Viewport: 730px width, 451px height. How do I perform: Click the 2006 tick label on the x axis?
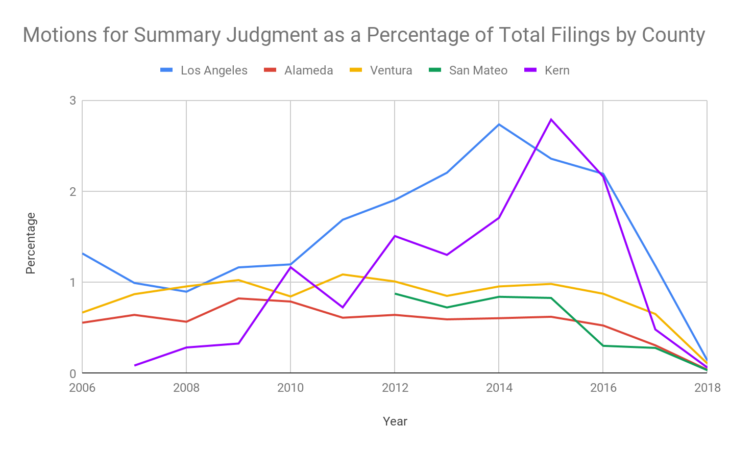click(x=82, y=388)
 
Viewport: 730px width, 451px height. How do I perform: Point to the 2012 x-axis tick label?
click(x=395, y=388)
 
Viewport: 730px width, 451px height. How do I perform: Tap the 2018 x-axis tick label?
click(x=707, y=388)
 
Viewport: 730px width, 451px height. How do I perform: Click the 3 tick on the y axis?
click(x=72, y=101)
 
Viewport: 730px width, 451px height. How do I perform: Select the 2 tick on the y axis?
click(x=72, y=192)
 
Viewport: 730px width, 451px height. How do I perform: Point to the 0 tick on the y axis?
click(x=72, y=374)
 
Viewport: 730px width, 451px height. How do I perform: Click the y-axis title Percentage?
click(x=31, y=243)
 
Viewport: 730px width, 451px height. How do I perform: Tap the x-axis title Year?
click(x=395, y=421)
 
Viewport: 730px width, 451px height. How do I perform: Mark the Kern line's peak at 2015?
click(x=551, y=119)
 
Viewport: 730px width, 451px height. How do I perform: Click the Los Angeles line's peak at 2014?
click(x=499, y=124)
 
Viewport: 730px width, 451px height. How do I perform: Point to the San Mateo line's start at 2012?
click(x=395, y=294)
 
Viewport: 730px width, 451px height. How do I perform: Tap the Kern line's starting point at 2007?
click(x=135, y=365)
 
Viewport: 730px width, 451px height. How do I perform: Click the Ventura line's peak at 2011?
click(x=343, y=274)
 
